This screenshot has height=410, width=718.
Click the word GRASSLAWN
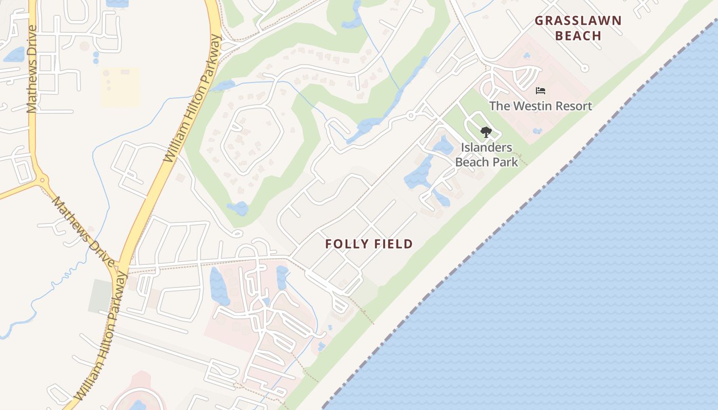pos(578,21)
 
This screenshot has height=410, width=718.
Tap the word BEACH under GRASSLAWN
pos(578,36)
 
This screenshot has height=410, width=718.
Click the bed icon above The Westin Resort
pos(540,91)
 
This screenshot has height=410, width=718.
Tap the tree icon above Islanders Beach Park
pos(486,132)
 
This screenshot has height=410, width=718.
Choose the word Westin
pos(528,106)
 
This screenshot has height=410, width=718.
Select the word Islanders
pos(486,148)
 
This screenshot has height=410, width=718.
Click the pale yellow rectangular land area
pos(120,87)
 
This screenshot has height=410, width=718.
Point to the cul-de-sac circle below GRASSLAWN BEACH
pos(585,68)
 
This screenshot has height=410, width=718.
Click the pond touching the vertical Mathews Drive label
pos(14,54)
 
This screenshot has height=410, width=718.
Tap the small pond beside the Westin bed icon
pos(527,55)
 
